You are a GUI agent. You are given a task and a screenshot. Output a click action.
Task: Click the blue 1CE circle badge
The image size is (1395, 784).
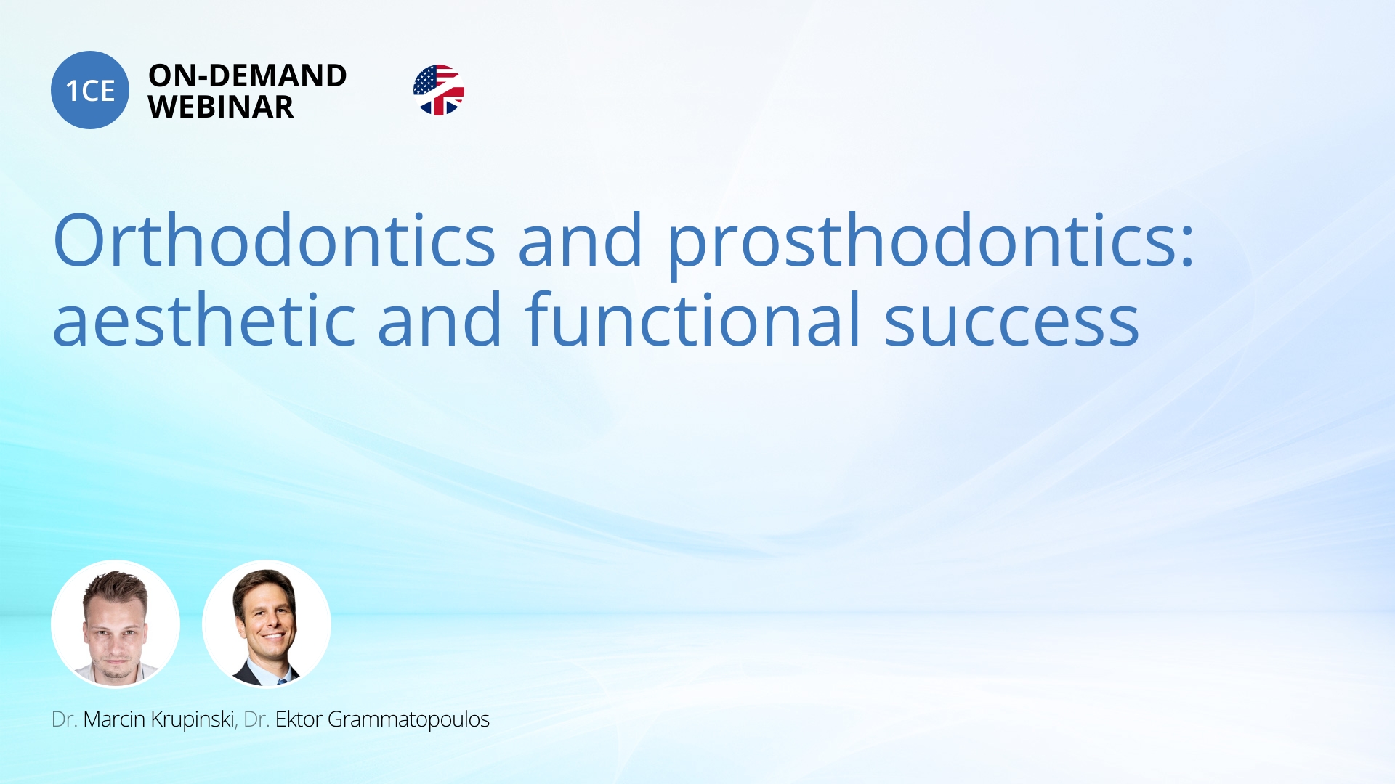(x=90, y=90)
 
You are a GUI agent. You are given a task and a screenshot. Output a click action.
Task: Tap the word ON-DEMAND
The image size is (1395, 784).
(x=248, y=75)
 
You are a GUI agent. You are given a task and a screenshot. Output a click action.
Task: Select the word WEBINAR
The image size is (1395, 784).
(x=221, y=107)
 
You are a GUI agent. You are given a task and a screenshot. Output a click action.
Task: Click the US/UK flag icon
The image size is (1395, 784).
(x=439, y=90)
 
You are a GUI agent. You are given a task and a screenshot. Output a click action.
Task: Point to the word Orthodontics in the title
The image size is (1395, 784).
(x=275, y=240)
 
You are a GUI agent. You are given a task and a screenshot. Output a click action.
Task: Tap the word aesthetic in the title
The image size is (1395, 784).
(x=204, y=319)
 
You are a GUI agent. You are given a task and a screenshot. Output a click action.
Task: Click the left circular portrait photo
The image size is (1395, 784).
(x=116, y=624)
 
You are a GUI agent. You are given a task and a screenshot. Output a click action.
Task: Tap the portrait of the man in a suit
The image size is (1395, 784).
(x=267, y=624)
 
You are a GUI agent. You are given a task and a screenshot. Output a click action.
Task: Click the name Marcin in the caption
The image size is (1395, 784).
(x=114, y=719)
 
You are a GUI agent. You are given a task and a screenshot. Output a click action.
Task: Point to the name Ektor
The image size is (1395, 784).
(x=299, y=719)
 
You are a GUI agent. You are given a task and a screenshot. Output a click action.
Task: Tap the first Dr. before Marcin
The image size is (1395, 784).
(x=65, y=719)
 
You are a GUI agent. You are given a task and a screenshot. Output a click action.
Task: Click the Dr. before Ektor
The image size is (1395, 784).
(x=256, y=719)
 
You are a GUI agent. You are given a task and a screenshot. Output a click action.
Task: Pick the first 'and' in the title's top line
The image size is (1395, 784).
(x=581, y=240)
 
